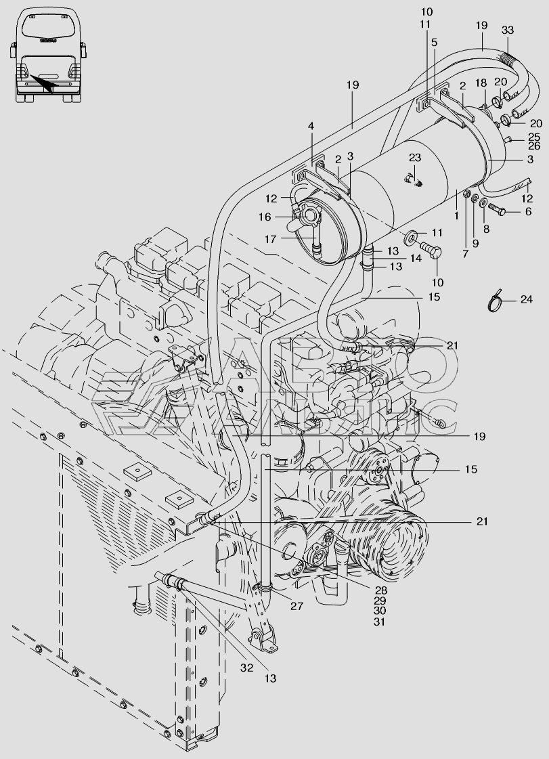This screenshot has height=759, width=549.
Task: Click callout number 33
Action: (507, 30)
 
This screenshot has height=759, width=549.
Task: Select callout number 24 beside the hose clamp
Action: (526, 300)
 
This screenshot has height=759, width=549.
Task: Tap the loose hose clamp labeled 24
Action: (496, 303)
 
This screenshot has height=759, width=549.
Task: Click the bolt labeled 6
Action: (496, 210)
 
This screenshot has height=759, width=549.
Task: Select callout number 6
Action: (528, 211)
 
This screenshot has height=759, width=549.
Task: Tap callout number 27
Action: (297, 605)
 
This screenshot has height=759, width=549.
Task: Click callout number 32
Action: (246, 668)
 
